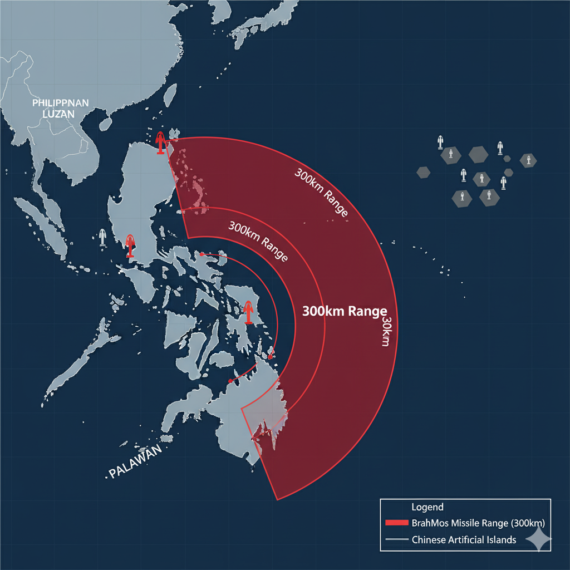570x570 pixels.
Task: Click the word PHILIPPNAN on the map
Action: coord(56,104)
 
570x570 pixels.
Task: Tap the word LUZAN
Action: coord(56,114)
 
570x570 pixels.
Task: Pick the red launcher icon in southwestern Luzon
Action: coord(130,245)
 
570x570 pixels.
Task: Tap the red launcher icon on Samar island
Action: coord(248,312)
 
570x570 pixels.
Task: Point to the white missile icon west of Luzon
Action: coord(102,237)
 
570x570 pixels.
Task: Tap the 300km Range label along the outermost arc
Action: coord(321,192)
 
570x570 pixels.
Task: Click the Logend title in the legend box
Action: coord(427,507)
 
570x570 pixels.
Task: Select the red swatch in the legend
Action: coord(396,523)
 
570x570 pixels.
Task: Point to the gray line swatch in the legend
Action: coord(396,539)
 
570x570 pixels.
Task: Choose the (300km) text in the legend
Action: coord(523,523)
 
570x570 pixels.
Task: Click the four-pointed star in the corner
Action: coord(539,539)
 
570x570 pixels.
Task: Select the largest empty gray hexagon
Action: coord(478,155)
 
